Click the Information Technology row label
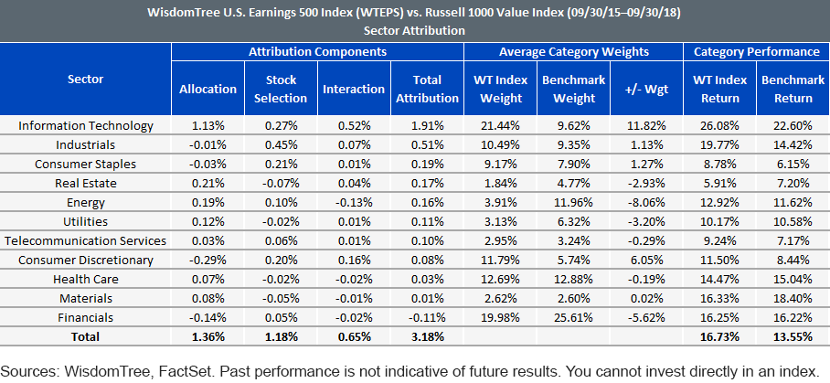[x=86, y=126]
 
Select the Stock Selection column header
[x=281, y=89]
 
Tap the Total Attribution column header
[x=427, y=89]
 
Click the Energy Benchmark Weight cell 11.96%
[x=574, y=203]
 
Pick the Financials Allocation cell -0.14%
[x=207, y=317]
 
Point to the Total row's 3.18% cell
[x=427, y=337]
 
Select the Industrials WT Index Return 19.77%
[x=720, y=145]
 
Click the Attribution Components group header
[x=317, y=52]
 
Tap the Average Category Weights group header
[x=574, y=52]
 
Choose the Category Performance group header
[x=757, y=52]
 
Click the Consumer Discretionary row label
[x=86, y=261]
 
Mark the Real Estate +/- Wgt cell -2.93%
[x=647, y=184]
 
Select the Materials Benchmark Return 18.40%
[x=793, y=298]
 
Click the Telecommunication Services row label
[x=86, y=241]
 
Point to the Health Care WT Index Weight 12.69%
[x=501, y=280]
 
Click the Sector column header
[x=86, y=80]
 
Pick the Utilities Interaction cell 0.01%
[x=354, y=221]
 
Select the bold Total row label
[x=86, y=337]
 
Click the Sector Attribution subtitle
[x=414, y=31]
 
